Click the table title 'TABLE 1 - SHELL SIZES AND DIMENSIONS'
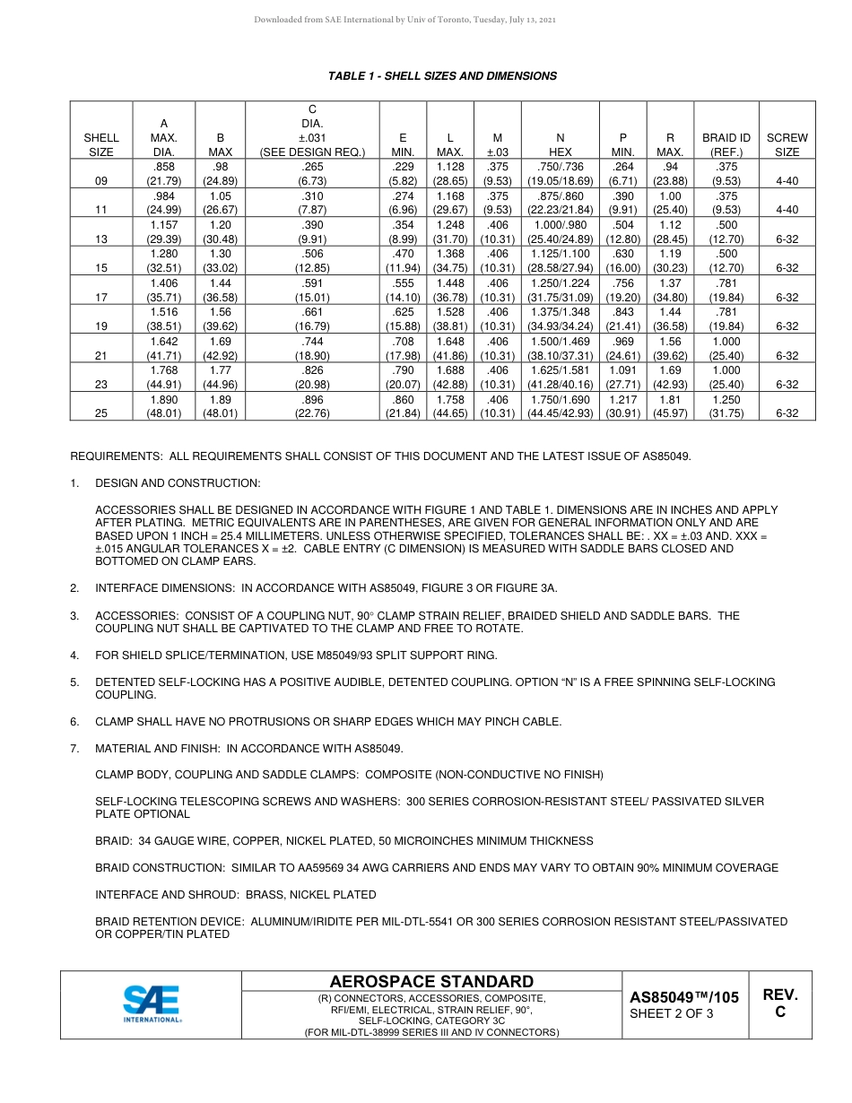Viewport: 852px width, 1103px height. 442,76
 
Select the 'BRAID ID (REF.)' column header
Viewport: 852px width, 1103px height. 726,144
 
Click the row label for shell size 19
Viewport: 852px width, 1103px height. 100,327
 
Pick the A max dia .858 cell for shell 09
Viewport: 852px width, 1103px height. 163,167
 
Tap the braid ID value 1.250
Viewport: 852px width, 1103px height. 726,399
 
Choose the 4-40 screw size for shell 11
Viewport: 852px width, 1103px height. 786,210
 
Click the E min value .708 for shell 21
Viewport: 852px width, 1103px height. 403,341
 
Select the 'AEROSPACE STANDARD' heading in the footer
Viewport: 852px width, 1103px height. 431,981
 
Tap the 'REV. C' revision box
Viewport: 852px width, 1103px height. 779,1003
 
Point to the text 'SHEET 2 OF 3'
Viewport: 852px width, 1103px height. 672,1014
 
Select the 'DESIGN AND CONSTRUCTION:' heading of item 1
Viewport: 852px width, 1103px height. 178,483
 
